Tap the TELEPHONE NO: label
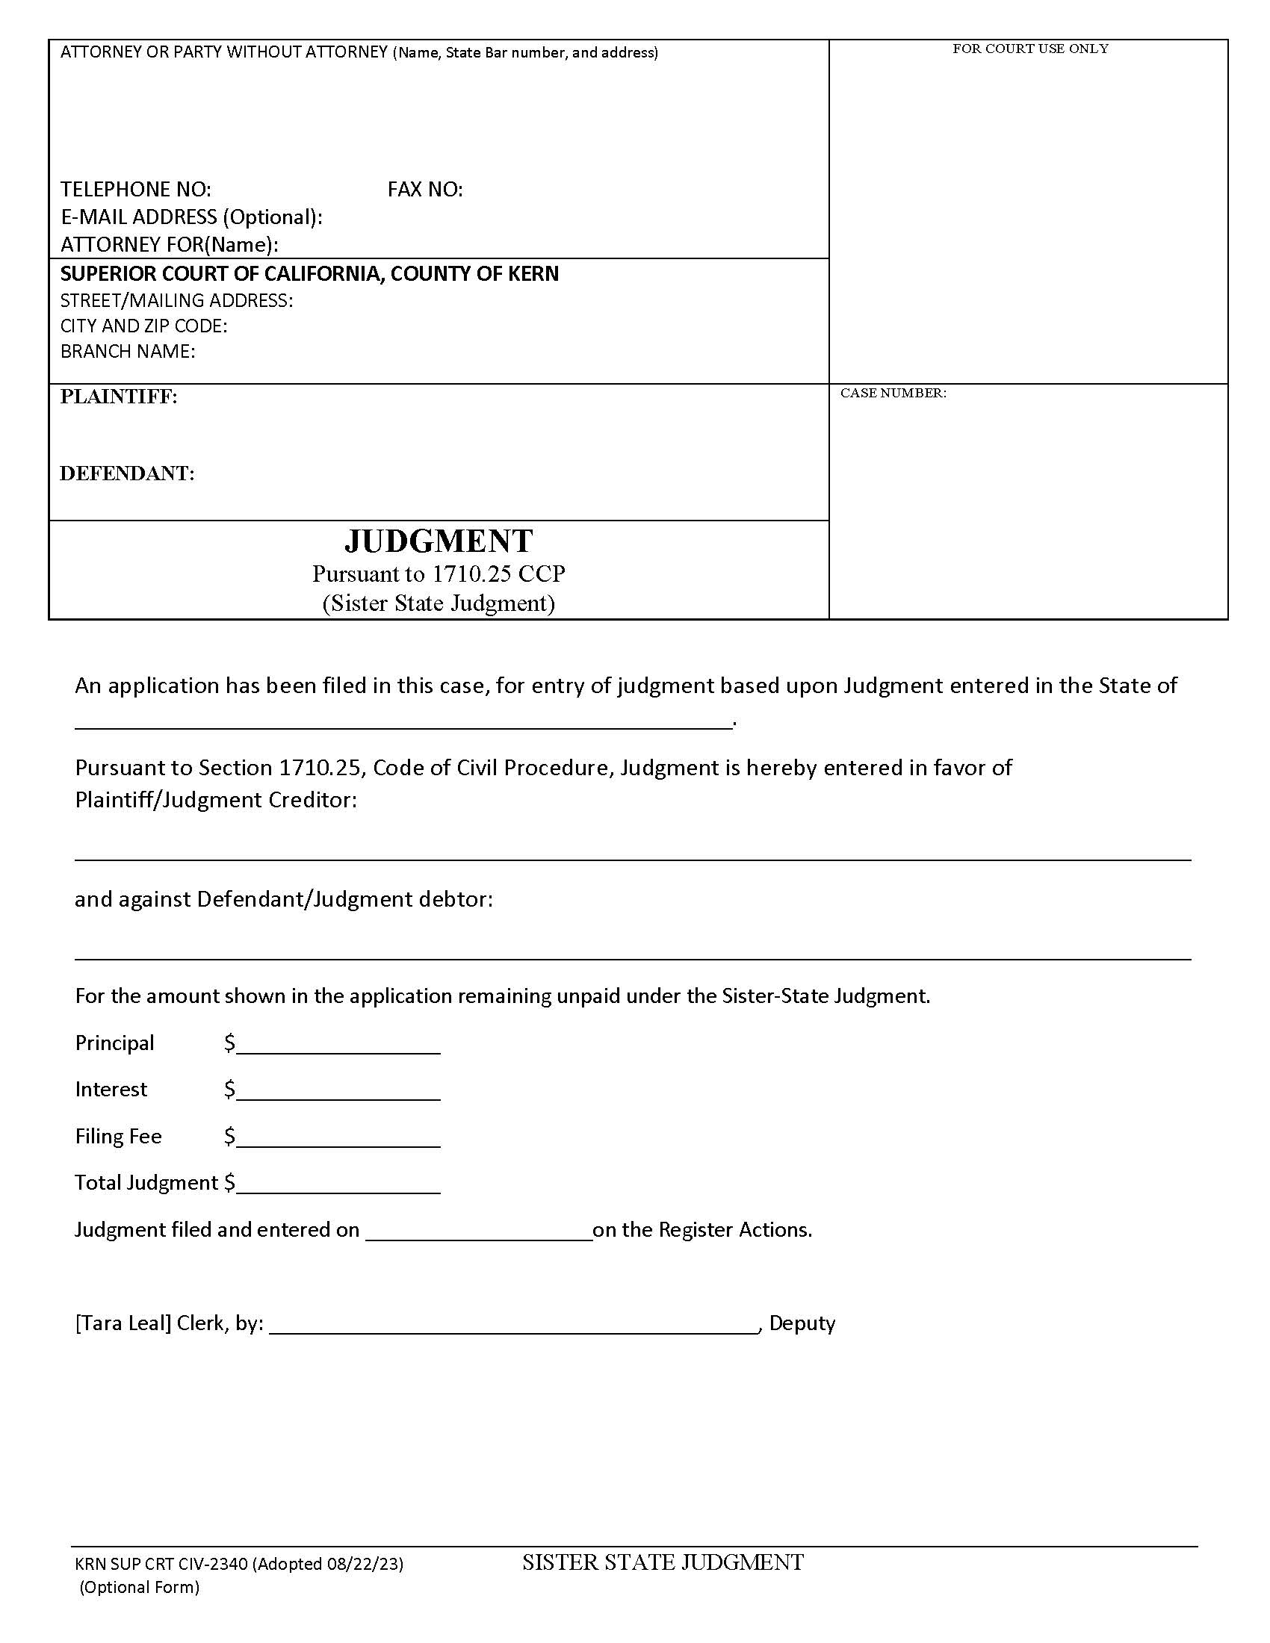(135, 190)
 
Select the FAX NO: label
(425, 190)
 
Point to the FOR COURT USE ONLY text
(1030, 49)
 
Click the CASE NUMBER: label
(893, 394)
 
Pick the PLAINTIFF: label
(119, 397)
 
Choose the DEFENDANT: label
(127, 474)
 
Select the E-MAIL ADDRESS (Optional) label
(191, 217)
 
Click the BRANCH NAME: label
(128, 352)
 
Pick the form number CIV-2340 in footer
(212, 1565)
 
